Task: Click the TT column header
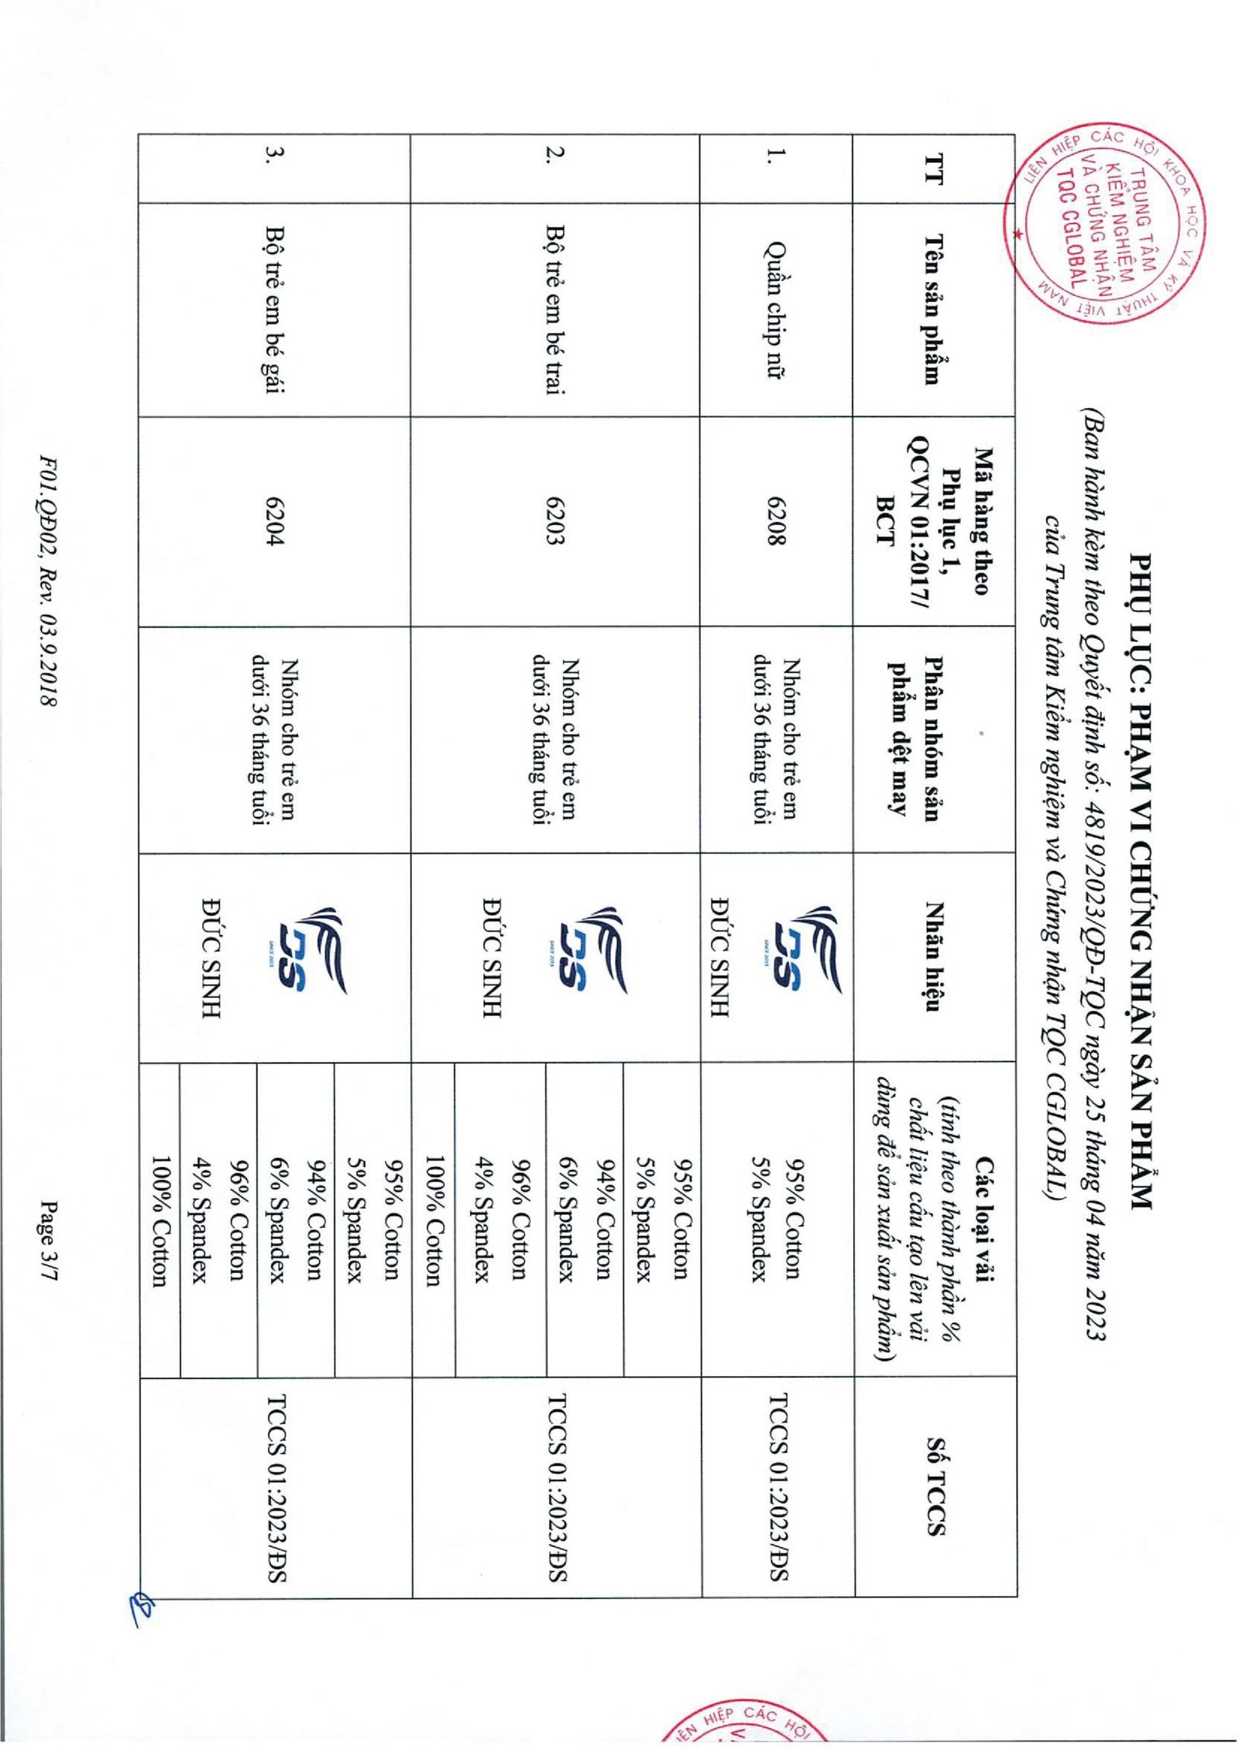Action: click(934, 169)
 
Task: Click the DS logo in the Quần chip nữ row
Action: click(805, 952)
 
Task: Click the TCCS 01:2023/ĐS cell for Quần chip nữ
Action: click(778, 1486)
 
